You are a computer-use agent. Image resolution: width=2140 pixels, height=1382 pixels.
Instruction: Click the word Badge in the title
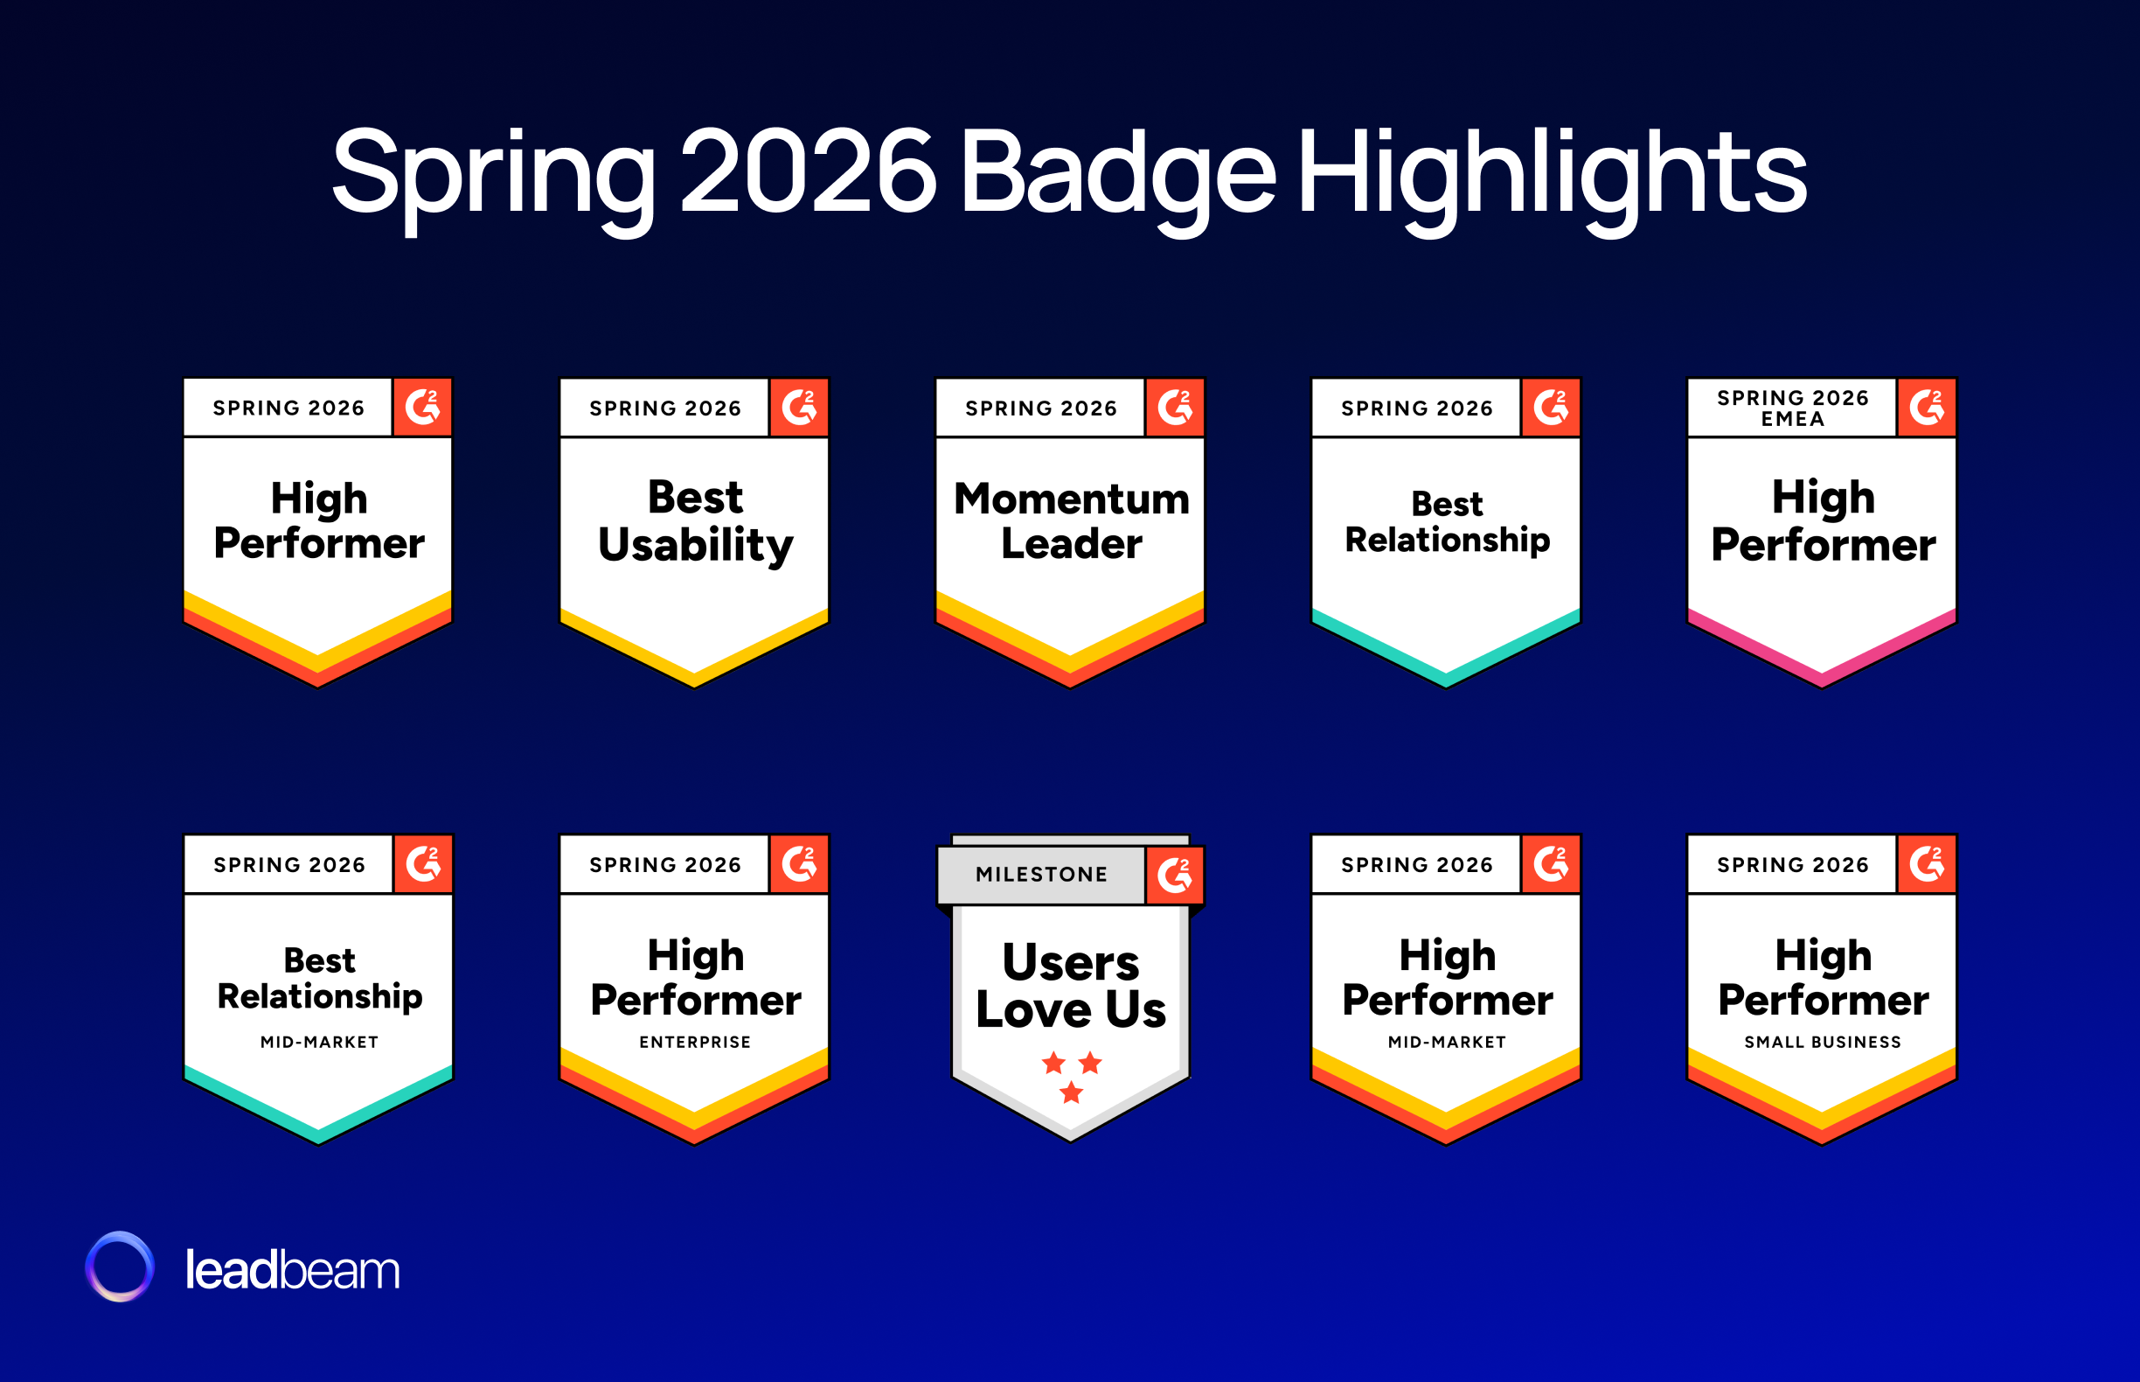(1116, 172)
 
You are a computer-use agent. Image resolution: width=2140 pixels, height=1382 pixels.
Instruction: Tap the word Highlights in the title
(1552, 172)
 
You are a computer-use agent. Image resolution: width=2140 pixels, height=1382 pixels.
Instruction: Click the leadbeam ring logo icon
(119, 1267)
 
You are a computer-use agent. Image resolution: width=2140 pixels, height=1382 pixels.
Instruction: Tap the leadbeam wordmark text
(292, 1270)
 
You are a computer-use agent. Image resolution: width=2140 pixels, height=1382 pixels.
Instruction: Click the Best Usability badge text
(695, 520)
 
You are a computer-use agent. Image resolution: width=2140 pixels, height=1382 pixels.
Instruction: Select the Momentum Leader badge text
(1071, 520)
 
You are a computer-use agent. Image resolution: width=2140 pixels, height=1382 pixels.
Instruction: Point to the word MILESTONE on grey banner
(1041, 874)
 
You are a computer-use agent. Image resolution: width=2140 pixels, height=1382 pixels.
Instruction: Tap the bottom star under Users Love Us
(1071, 1092)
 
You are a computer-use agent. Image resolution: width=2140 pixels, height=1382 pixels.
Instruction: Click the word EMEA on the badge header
(1792, 419)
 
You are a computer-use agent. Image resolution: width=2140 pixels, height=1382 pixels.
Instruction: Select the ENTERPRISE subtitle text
(695, 1042)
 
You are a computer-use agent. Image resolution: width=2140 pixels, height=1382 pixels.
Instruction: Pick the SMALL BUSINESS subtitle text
(1823, 1042)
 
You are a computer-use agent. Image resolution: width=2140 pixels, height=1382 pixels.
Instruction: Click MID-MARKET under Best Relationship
(319, 1042)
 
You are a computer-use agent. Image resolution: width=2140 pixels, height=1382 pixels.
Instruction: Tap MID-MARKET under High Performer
(1447, 1042)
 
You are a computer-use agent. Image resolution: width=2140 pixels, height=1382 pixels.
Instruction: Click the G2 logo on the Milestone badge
(1175, 875)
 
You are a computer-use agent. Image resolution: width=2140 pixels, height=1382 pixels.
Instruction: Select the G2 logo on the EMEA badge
(1927, 408)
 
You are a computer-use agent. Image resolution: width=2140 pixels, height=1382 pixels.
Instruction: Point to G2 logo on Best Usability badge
(799, 408)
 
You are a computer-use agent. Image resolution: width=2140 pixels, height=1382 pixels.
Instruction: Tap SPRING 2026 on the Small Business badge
(1792, 864)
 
